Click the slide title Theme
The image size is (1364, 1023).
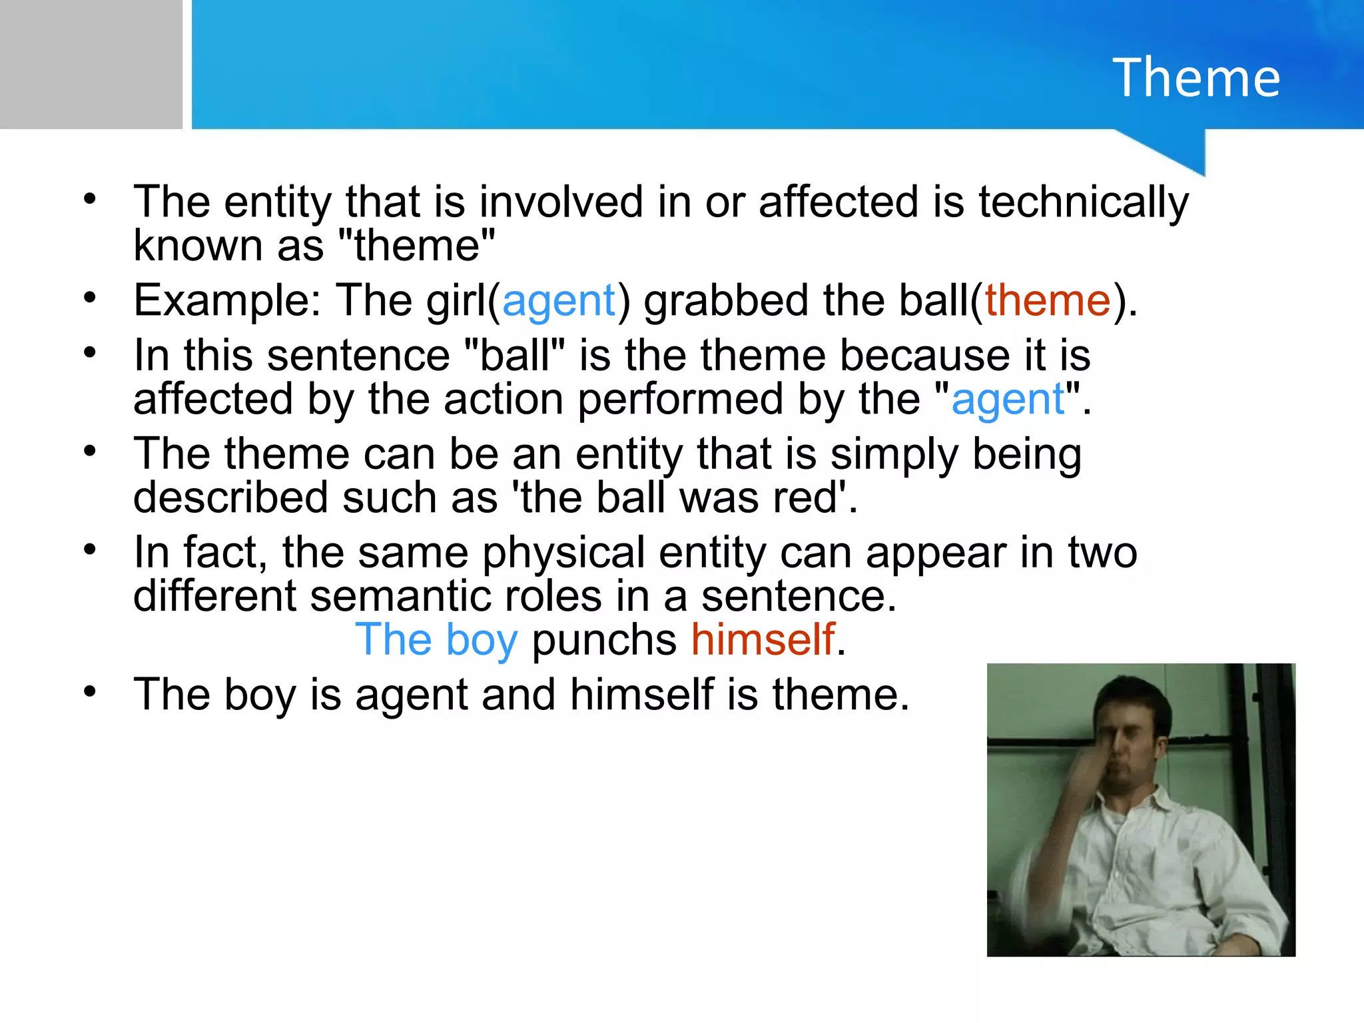pos(1196,78)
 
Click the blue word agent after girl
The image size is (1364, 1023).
pos(559,301)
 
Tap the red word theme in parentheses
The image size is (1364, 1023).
pos(1048,301)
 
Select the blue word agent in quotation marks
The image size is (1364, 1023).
pos(1008,400)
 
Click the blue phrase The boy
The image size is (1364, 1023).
pos(436,640)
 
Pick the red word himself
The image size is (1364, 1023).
pos(763,640)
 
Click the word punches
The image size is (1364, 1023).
pos(604,640)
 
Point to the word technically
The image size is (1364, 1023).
pos(1084,202)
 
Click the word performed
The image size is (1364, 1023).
pos(680,400)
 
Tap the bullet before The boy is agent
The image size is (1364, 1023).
pos(90,693)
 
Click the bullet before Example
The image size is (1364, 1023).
pos(90,298)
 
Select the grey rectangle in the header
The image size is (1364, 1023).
pos(91,64)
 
